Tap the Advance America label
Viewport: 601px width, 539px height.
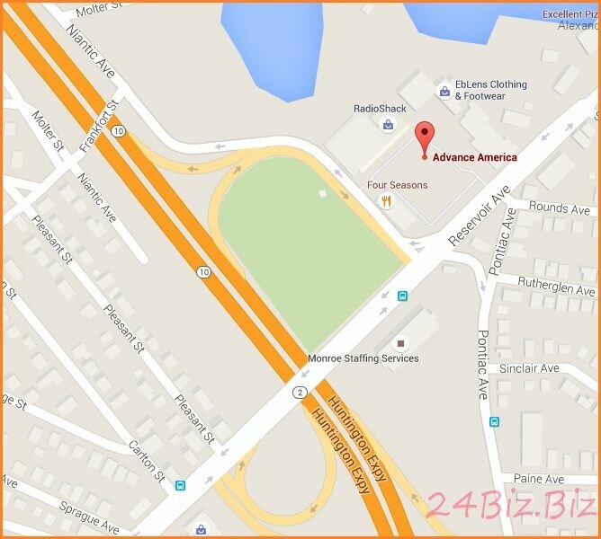coord(474,157)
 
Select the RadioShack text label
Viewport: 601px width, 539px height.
coord(380,109)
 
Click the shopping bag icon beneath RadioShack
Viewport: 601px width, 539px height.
coord(388,126)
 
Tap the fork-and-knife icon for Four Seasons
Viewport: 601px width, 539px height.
coord(386,201)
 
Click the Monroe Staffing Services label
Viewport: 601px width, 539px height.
coord(363,358)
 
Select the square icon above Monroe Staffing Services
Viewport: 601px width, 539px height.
coord(401,343)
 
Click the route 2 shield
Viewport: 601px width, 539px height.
coord(298,393)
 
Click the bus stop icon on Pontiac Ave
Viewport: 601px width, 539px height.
coord(494,421)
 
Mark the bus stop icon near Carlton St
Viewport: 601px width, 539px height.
coord(181,486)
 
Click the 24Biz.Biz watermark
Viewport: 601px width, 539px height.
coord(510,507)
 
